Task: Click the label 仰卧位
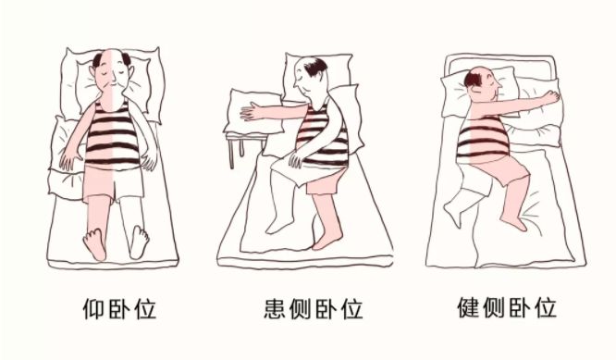point(119,309)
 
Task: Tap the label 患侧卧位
point(314,309)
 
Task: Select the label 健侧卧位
point(507,308)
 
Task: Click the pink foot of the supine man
point(94,243)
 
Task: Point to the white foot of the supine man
point(140,242)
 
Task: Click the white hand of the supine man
point(149,160)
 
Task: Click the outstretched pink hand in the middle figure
point(253,111)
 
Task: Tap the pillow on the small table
point(253,112)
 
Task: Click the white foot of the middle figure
point(278,225)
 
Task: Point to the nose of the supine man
point(113,80)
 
